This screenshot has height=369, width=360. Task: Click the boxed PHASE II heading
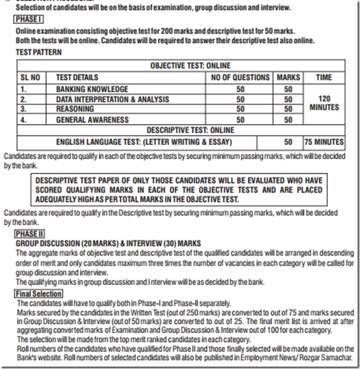click(x=29, y=235)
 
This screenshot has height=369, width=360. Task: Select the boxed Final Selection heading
click(x=38, y=294)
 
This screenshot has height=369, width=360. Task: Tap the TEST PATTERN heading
click(x=39, y=52)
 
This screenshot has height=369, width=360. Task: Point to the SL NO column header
click(x=30, y=77)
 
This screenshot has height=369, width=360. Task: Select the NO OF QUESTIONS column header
click(x=241, y=77)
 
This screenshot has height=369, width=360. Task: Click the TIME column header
click(x=324, y=77)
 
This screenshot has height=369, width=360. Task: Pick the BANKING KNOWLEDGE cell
click(x=92, y=89)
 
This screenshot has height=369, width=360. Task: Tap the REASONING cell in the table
click(x=75, y=109)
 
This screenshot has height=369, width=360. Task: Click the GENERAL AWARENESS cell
click(x=92, y=119)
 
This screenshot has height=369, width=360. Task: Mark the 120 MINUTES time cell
click(x=324, y=103)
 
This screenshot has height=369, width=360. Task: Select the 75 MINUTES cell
click(x=324, y=142)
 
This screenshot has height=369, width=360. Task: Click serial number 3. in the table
click(x=24, y=109)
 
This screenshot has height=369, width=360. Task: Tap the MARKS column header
click(x=288, y=77)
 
